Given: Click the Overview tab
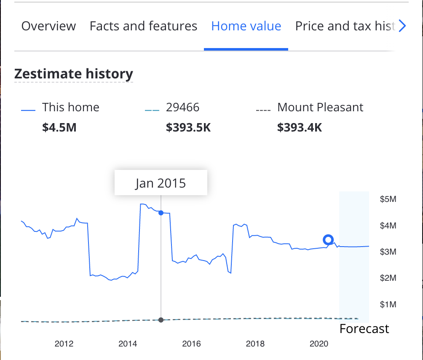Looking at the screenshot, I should pos(48,26).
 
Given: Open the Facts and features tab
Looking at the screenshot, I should pos(143,26).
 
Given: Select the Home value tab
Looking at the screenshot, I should pos(246,26).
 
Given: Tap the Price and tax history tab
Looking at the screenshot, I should pos(345,26).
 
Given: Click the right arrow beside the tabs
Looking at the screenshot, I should pos(402,26).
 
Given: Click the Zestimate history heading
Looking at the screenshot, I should pos(74,74).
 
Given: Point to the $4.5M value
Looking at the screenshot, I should pos(59,127).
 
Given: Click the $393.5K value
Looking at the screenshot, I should pos(188,127).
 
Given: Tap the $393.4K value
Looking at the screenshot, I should pos(300,127).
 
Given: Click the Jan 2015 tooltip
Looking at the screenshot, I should pos(161,183).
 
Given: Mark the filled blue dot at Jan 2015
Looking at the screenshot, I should pos(161,213).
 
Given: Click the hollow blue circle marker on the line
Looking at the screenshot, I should pos(328,240).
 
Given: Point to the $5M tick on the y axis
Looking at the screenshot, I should pos(388,199).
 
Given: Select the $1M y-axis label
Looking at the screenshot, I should pos(388,304).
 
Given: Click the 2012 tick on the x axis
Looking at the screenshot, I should pos(64,344).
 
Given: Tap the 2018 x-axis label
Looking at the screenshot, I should pos(255,344).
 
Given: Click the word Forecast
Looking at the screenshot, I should pos(364,329).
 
